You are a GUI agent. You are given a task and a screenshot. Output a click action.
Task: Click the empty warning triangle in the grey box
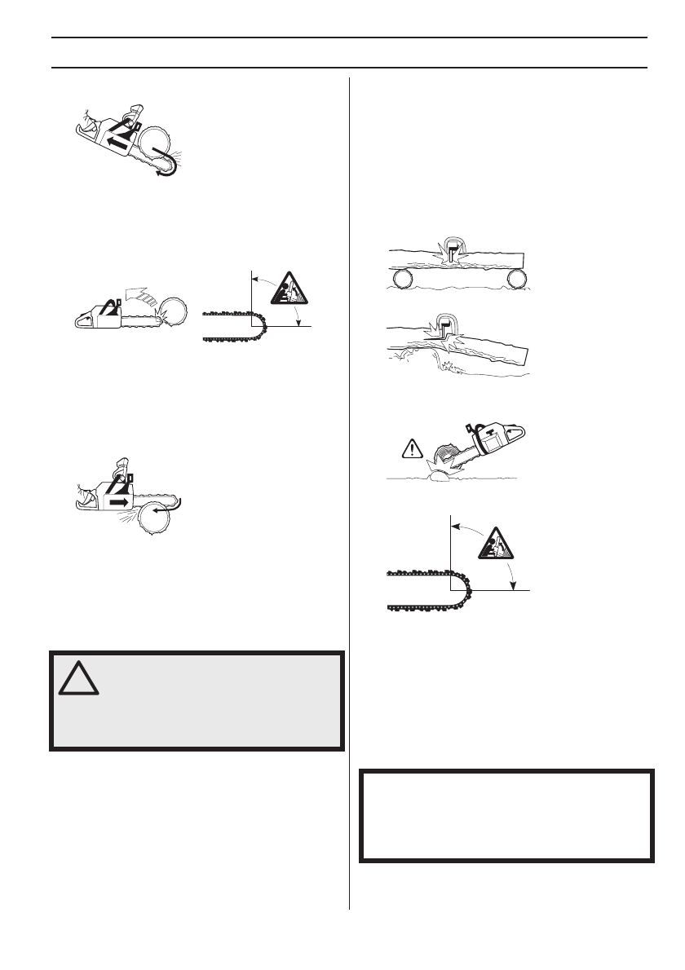79,678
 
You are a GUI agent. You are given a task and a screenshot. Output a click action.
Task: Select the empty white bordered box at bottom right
506,814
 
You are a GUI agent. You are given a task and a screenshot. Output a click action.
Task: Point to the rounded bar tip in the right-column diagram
462,595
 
